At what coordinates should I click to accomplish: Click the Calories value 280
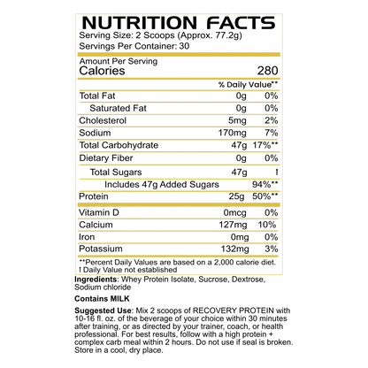(267, 71)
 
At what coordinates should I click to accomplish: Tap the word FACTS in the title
(241, 23)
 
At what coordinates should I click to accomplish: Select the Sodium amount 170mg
(232, 133)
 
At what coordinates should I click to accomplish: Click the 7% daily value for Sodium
(272, 133)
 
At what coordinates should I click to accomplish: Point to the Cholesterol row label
(103, 120)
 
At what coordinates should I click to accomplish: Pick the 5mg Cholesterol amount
(237, 120)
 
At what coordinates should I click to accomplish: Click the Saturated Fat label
(118, 108)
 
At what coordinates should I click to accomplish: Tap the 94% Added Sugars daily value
(265, 184)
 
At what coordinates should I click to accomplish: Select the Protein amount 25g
(236, 196)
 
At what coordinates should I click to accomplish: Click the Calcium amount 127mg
(233, 225)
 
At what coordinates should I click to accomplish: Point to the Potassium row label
(101, 249)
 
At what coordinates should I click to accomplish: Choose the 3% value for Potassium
(272, 249)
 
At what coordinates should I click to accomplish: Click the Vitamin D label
(99, 212)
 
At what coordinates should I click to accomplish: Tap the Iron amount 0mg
(240, 237)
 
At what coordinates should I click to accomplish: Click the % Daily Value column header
(248, 85)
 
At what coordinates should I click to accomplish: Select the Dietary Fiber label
(106, 158)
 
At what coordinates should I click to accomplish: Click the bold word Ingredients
(96, 280)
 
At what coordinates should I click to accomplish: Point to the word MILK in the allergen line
(119, 299)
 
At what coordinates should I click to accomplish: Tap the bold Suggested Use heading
(103, 310)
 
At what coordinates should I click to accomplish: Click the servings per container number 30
(184, 46)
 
